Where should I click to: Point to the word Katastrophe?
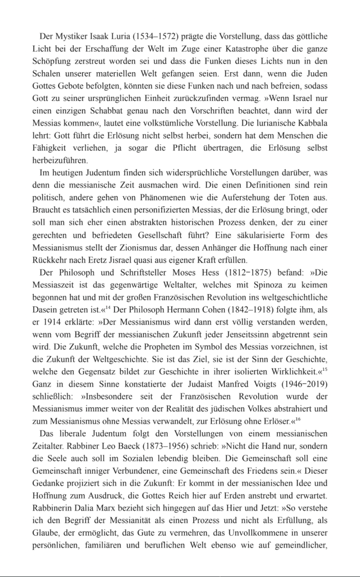point(239,49)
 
